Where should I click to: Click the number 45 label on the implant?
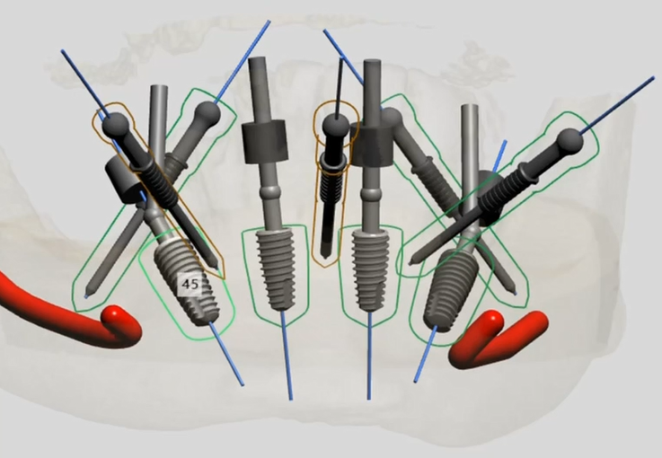[x=190, y=284]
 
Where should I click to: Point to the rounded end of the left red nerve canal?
[x=115, y=318]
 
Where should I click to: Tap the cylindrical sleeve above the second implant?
[x=264, y=142]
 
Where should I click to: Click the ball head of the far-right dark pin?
[x=570, y=142]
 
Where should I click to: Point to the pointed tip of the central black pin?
[x=324, y=255]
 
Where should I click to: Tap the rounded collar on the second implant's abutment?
[x=269, y=194]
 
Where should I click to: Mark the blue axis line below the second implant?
[x=287, y=355]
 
